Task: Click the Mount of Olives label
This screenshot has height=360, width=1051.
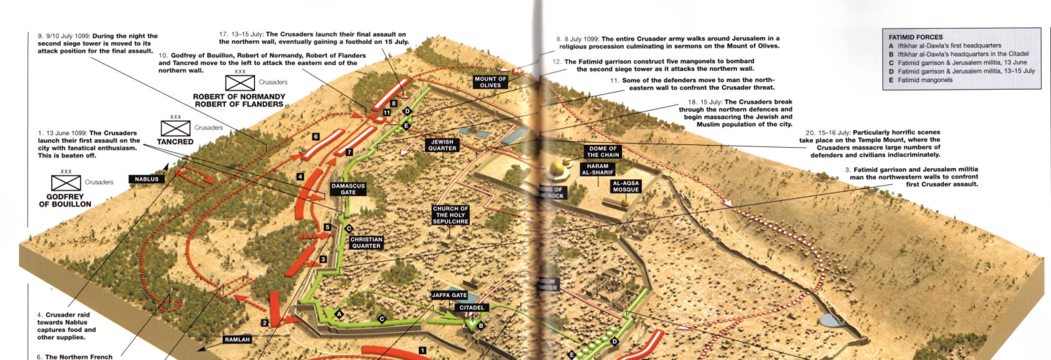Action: pyautogui.click(x=490, y=83)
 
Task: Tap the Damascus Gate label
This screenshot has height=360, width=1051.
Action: pyautogui.click(x=348, y=190)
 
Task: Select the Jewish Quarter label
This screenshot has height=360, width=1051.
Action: pyautogui.click(x=443, y=145)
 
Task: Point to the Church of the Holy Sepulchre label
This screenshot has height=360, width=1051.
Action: pyautogui.click(x=451, y=215)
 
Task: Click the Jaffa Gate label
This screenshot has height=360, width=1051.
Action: pyautogui.click(x=449, y=296)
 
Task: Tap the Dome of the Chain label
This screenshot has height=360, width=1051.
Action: pyautogui.click(x=602, y=151)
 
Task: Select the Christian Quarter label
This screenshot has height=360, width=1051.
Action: pyautogui.click(x=366, y=242)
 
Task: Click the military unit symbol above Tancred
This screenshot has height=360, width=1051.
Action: pyautogui.click(x=175, y=128)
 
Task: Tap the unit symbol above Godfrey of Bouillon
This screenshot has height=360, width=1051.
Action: pyautogui.click(x=67, y=183)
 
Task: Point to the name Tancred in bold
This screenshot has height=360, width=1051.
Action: pyautogui.click(x=175, y=141)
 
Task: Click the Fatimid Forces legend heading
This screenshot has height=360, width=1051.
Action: pyautogui.click(x=916, y=37)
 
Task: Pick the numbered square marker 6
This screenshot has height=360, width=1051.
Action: pyautogui.click(x=316, y=136)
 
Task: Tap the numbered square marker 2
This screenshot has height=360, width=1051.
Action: pyautogui.click(x=265, y=322)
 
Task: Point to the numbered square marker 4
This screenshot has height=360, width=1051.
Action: pyautogui.click(x=300, y=177)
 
